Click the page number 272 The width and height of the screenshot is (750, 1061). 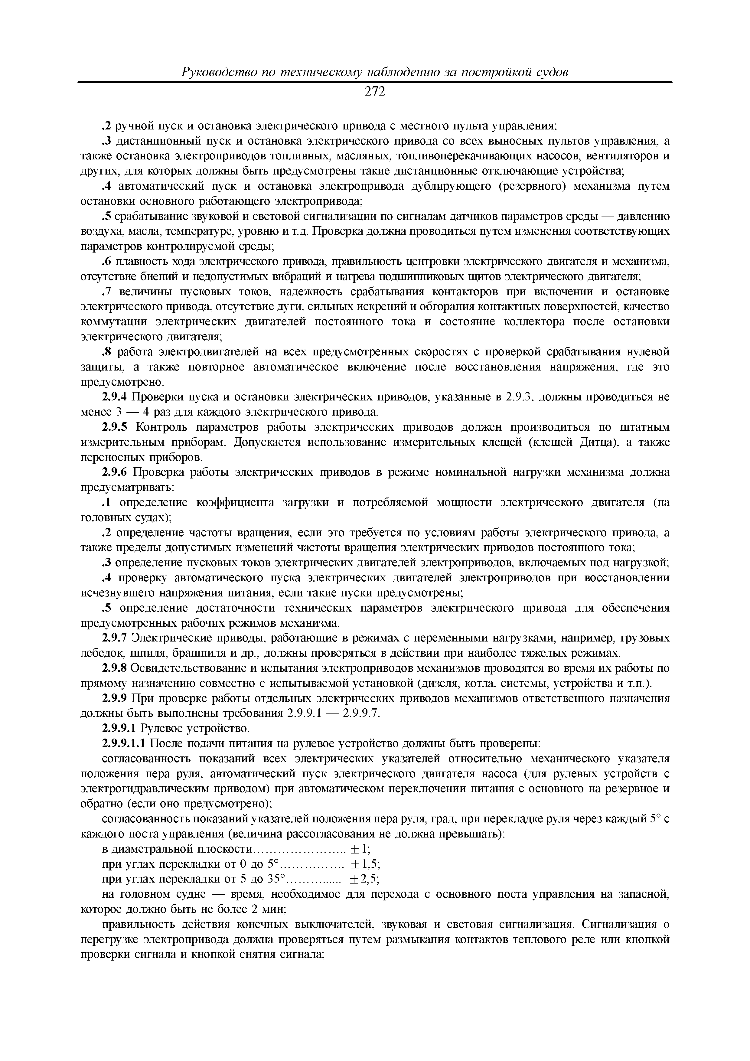(x=374, y=92)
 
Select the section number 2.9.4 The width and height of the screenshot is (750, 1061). (x=115, y=397)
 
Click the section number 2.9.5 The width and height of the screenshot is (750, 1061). (x=115, y=427)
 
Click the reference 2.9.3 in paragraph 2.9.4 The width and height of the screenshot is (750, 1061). (x=520, y=397)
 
